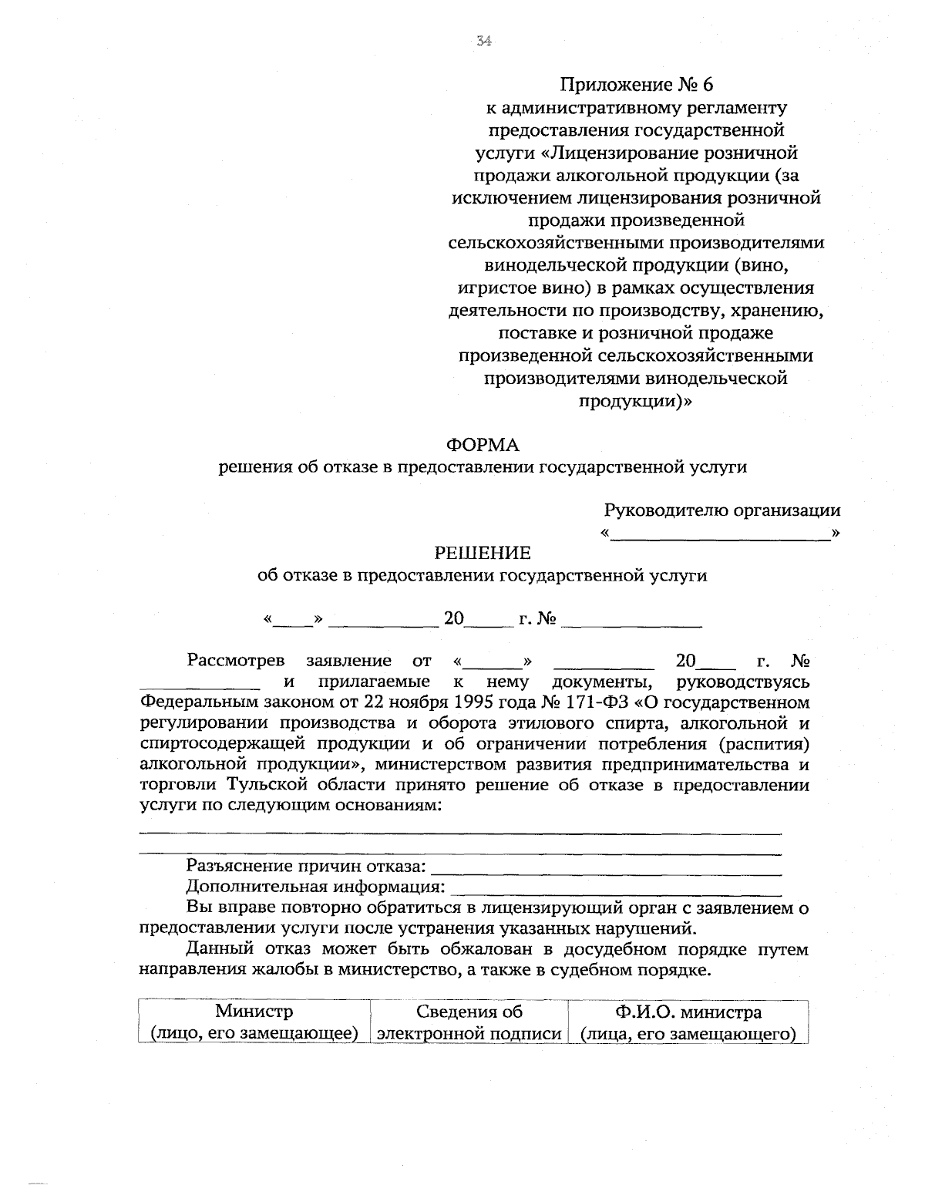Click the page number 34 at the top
(x=484, y=42)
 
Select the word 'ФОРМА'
(x=483, y=445)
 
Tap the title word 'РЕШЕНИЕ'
(x=483, y=553)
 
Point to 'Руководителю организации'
(x=722, y=510)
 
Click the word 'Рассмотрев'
(x=236, y=661)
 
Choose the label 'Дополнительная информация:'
(x=315, y=886)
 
